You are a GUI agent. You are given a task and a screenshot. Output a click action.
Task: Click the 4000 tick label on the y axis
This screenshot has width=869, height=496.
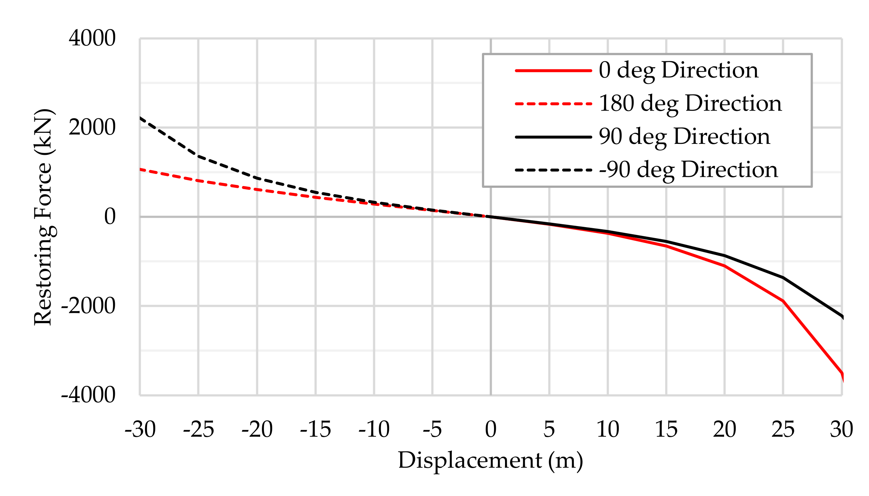[92, 38]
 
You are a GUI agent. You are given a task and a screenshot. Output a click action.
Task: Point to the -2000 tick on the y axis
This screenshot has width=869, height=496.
[88, 305]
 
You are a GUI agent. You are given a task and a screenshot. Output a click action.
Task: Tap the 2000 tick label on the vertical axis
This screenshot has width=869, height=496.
[92, 127]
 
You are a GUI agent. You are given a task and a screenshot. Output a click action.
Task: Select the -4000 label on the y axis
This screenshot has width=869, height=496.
[88, 395]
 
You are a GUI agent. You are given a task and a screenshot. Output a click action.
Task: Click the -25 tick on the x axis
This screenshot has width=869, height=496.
[198, 429]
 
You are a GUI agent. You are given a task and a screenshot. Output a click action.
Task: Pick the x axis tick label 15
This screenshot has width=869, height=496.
[666, 429]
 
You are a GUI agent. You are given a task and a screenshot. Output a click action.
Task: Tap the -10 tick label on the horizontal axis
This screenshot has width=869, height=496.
[374, 429]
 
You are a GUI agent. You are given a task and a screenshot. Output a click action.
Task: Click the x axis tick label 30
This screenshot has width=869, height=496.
[841, 429]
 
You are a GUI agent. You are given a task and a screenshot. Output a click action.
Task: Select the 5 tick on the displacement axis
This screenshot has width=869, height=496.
[549, 429]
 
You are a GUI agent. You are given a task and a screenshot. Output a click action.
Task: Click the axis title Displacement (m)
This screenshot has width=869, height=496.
[490, 461]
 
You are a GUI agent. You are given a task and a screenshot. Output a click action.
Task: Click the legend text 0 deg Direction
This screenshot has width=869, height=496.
[678, 70]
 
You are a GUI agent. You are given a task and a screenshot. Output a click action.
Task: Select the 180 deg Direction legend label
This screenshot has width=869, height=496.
[690, 103]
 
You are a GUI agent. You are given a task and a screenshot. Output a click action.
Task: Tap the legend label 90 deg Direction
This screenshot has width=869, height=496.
[684, 137]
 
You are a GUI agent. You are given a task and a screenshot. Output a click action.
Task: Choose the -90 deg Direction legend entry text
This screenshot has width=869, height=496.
[688, 170]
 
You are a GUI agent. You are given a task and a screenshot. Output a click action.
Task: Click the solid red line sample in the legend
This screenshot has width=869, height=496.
[553, 71]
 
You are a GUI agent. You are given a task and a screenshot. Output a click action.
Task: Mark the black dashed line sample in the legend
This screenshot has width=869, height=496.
[553, 170]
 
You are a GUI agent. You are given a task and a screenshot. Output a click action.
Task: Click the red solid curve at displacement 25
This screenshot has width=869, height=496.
[783, 301]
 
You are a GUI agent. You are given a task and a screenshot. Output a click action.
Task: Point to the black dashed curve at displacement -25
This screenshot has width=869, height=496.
[198, 156]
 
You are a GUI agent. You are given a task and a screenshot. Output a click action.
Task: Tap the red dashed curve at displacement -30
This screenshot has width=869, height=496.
[141, 169]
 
